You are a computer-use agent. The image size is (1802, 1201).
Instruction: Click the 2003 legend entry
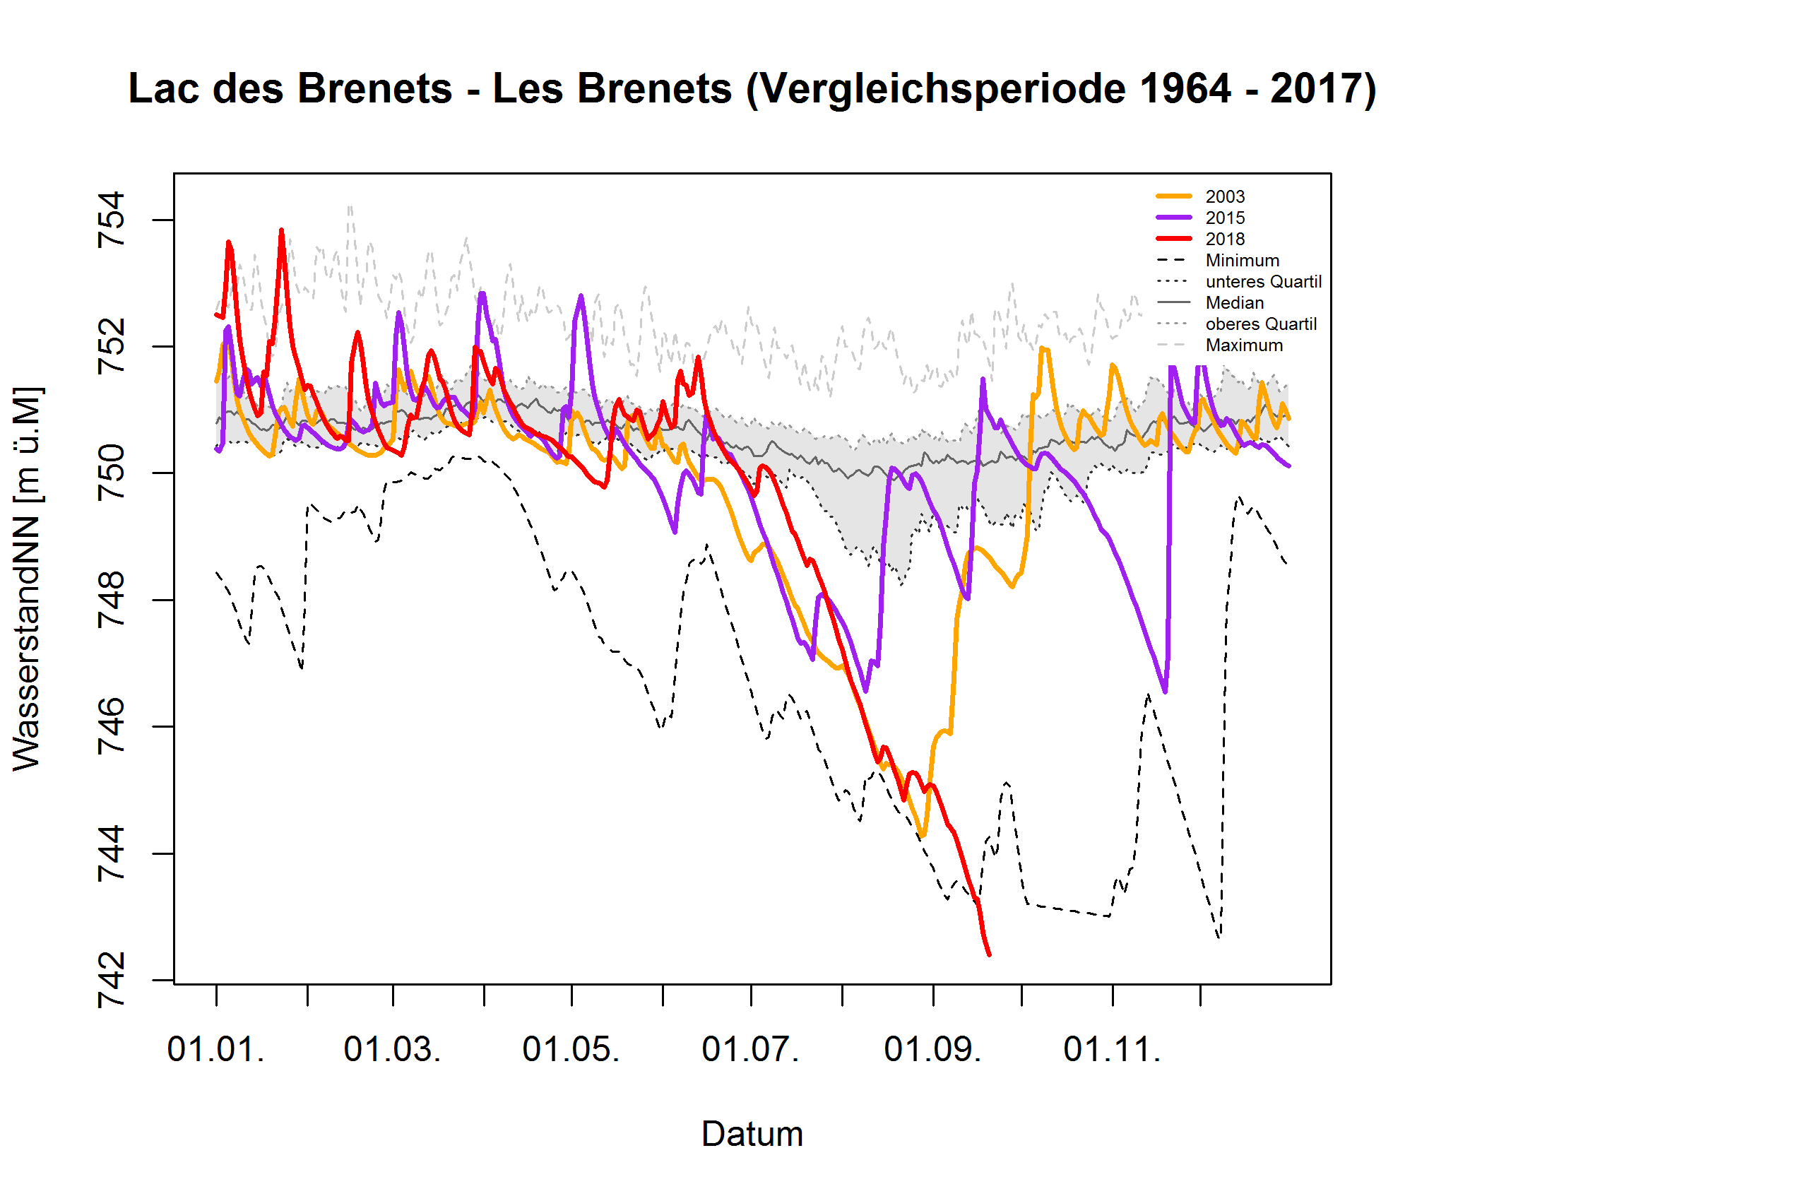pyautogui.click(x=1225, y=197)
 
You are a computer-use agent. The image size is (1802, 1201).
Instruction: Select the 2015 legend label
pyautogui.click(x=1225, y=218)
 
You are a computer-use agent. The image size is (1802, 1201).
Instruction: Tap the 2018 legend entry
pyautogui.click(x=1225, y=239)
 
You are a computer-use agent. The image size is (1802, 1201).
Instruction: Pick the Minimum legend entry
pyautogui.click(x=1241, y=261)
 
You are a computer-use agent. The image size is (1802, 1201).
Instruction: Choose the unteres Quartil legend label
pyautogui.click(x=1263, y=282)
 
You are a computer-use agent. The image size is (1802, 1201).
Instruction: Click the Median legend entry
pyautogui.click(x=1234, y=302)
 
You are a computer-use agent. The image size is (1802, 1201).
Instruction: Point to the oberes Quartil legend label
pyautogui.click(x=1261, y=324)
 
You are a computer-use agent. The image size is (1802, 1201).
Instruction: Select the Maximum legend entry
pyautogui.click(x=1244, y=345)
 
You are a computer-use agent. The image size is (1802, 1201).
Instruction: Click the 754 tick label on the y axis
pyautogui.click(x=111, y=220)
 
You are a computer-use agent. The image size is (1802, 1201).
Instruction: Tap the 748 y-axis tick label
pyautogui.click(x=111, y=600)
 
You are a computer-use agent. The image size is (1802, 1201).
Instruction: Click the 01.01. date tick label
pyautogui.click(x=216, y=1050)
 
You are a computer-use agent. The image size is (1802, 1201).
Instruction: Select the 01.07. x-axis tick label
pyautogui.click(x=750, y=1050)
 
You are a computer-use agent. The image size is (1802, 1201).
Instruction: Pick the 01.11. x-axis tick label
pyautogui.click(x=1112, y=1050)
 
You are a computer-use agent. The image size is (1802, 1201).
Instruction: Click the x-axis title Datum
pyautogui.click(x=752, y=1135)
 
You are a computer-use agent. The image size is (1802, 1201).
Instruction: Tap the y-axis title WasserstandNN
pyautogui.click(x=28, y=579)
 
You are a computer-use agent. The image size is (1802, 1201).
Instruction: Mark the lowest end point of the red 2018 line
pyautogui.click(x=990, y=955)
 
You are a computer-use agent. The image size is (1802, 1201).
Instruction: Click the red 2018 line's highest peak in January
pyautogui.click(x=282, y=230)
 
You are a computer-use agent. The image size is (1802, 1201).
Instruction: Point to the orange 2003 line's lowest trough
pyautogui.click(x=923, y=836)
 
